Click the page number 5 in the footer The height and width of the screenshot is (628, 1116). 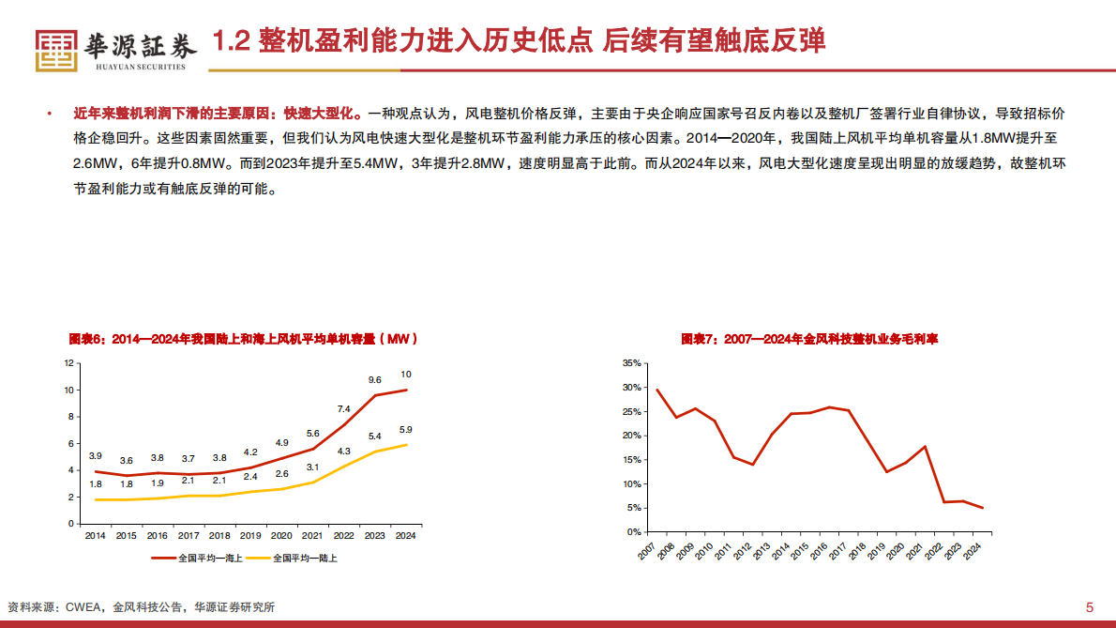click(1089, 606)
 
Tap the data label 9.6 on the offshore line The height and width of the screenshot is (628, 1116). click(374, 380)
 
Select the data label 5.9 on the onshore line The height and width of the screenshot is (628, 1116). click(405, 430)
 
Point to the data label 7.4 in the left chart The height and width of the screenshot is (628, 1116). click(343, 409)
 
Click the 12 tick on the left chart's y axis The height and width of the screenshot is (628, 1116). click(68, 363)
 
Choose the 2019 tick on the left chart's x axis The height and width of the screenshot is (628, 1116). click(250, 536)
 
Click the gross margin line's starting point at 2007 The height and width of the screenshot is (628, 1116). click(656, 390)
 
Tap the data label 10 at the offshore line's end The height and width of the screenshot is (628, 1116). click(405, 375)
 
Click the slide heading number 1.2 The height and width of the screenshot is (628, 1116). click(230, 42)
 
